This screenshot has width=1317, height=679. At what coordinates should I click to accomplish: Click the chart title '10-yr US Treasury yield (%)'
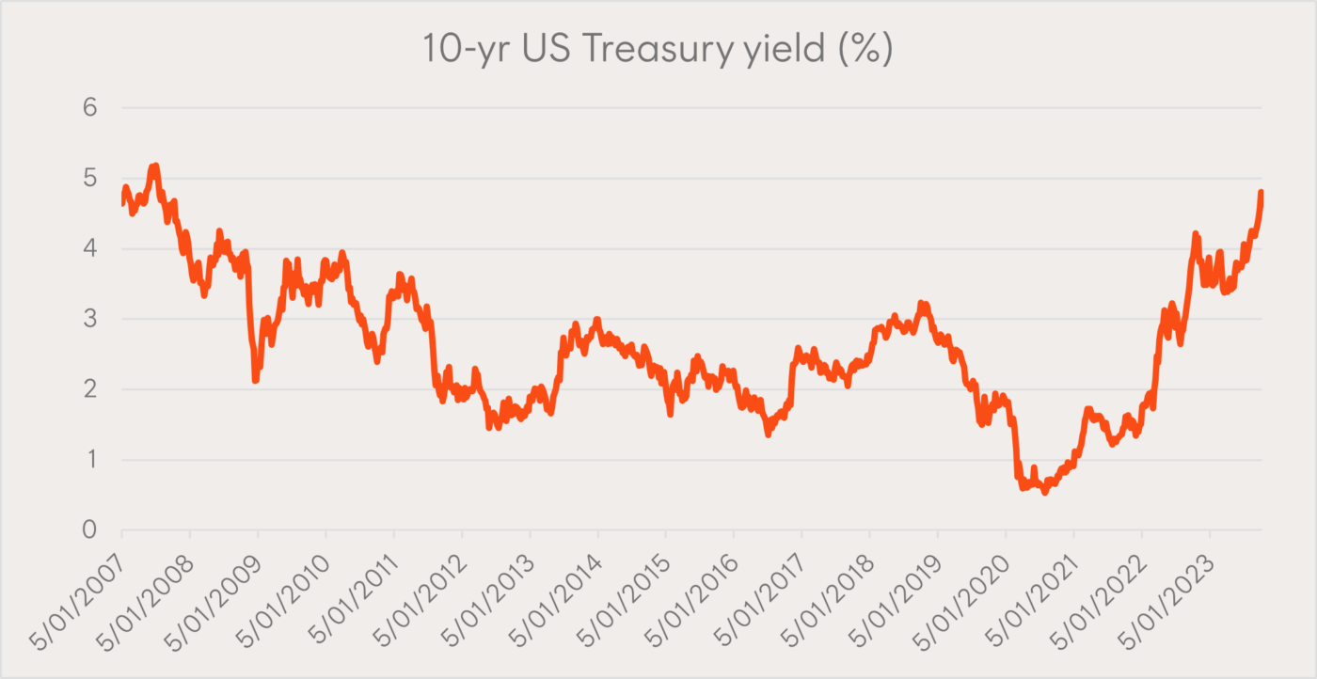coord(658,50)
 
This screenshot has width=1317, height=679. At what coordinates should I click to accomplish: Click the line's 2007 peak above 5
coord(155,166)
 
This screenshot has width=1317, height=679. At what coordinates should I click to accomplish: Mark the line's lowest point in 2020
coord(1044,492)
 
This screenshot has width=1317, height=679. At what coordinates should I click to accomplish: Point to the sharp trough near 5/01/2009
coord(255,380)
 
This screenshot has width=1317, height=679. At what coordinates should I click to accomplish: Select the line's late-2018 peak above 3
coord(922,304)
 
